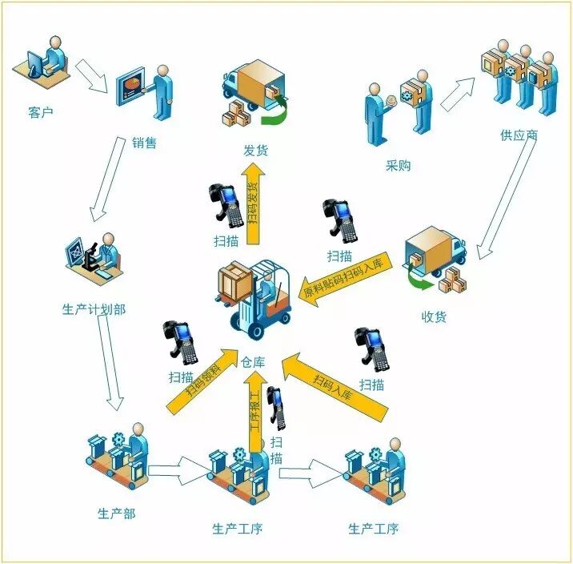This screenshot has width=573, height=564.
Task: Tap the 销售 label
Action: coord(144,143)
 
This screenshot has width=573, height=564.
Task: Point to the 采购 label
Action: coord(399,167)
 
